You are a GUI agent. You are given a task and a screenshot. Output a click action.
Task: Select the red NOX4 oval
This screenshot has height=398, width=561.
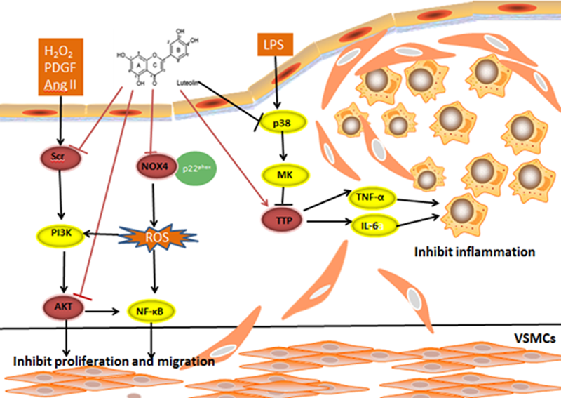153,166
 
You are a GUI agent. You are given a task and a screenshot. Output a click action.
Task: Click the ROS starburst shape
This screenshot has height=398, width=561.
155,238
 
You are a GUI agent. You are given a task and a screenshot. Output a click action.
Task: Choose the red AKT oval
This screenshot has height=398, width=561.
61,307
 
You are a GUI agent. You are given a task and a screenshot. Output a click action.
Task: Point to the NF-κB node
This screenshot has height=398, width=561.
153,307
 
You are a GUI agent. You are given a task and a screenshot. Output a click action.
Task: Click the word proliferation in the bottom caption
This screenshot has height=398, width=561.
100,361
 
